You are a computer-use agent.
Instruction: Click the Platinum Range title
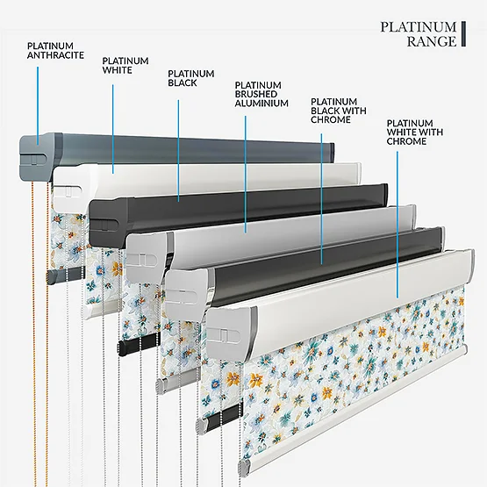tap(419, 34)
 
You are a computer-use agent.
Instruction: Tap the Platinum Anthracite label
tap(55, 51)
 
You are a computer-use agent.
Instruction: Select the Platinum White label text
tap(125, 65)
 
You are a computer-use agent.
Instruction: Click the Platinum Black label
tap(190, 78)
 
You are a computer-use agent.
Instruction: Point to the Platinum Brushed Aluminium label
tap(261, 94)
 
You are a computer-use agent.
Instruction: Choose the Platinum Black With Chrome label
tap(338, 111)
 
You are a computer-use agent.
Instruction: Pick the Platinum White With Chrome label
tap(415, 132)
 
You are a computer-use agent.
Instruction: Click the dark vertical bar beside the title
tap(463, 34)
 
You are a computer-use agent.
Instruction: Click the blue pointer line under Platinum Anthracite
tap(38, 105)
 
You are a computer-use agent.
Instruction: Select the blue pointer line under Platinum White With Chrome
tap(397, 225)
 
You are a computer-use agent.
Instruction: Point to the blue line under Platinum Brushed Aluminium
tap(246, 175)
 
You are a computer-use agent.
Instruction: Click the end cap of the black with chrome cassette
tap(186, 294)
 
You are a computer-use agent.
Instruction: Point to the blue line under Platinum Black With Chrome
tap(321, 199)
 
